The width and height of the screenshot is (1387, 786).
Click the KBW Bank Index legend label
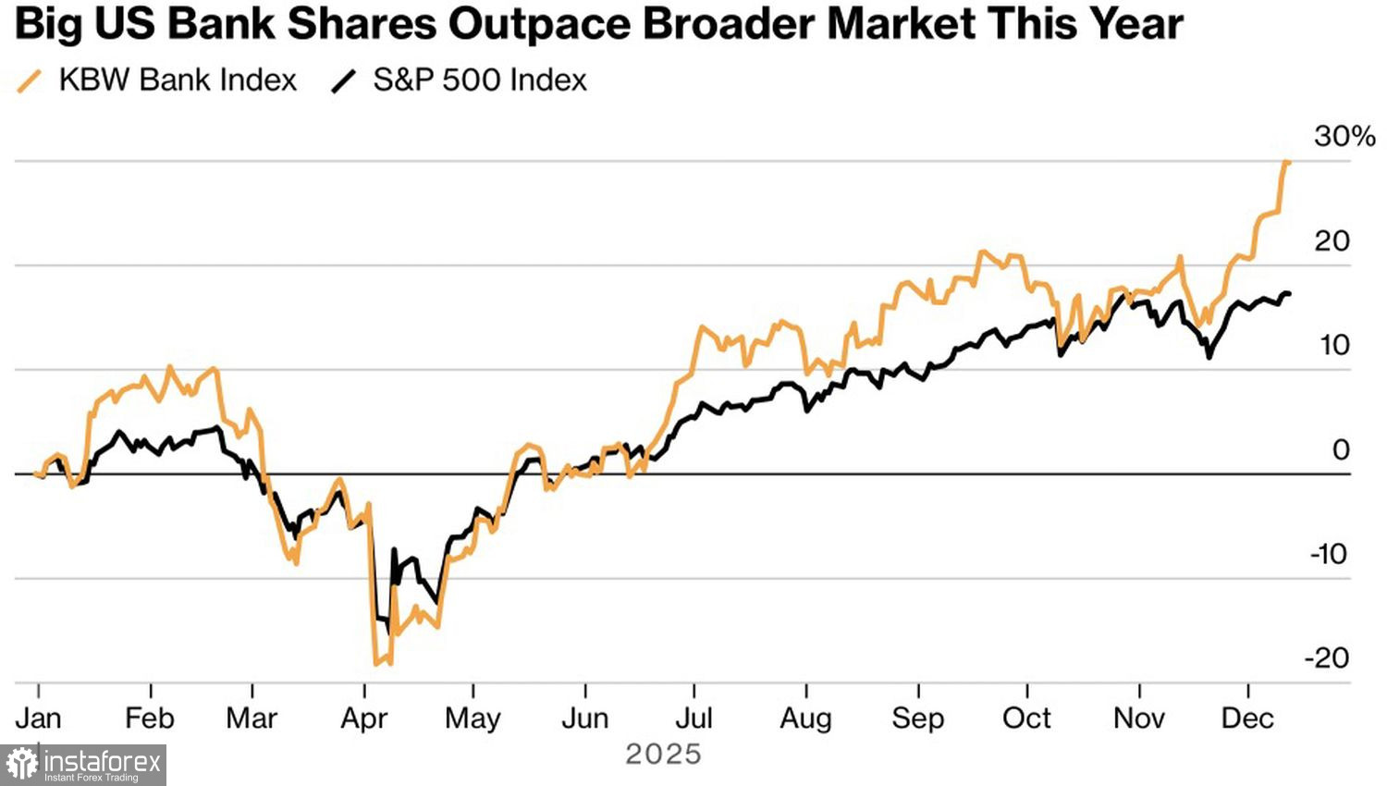pos(178,80)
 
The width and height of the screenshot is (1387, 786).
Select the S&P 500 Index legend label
pos(480,80)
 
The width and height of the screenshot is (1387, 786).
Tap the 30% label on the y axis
pos(1344,137)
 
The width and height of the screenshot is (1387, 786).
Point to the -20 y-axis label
pos(1327,658)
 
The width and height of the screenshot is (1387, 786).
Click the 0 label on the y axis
pos(1341,450)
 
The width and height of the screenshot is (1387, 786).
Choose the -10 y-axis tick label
pos(1329,555)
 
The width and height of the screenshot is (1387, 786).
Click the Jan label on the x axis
pos(38,718)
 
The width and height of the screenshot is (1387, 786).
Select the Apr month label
pos(364,718)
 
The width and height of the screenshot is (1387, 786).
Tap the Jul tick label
pos(693,718)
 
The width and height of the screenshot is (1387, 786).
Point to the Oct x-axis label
pos(1026,718)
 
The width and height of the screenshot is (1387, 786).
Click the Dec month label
pos(1247,718)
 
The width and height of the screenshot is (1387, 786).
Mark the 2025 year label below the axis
pos(663,755)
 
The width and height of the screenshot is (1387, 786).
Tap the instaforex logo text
pos(102,764)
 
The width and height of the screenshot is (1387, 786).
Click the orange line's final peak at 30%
pos(1287,162)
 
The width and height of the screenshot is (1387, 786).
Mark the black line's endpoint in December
pos(1289,294)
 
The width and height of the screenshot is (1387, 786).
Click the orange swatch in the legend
pos(31,81)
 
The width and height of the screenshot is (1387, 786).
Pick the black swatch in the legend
pos(343,81)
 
